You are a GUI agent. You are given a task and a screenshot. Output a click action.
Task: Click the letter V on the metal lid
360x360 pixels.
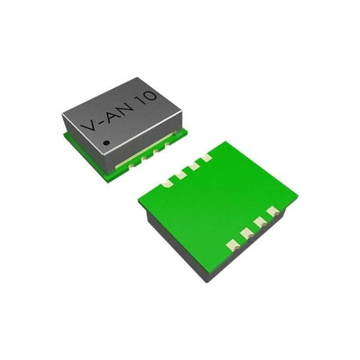pos(88,125)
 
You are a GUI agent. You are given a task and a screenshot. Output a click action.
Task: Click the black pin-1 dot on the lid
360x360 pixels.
pos(106,143)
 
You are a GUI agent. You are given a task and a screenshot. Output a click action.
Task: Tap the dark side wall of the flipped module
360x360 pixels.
pos(174,246)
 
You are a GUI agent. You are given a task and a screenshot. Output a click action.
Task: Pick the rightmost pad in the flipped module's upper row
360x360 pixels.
pos(206,158)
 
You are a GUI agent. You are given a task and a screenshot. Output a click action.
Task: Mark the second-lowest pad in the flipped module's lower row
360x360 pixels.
pos(246,233)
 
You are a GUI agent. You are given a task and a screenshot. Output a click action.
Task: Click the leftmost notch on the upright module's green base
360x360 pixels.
pos(131,164)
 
